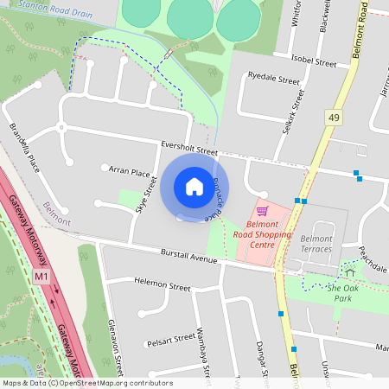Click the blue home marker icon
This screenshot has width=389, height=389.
(194, 187)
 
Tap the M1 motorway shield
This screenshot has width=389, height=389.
(41, 277)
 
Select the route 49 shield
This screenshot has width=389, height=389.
(334, 116)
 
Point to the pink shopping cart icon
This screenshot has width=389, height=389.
(262, 210)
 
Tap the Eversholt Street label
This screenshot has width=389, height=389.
(188, 150)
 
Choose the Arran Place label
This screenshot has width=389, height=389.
(130, 173)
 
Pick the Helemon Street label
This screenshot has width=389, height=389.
(163, 285)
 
